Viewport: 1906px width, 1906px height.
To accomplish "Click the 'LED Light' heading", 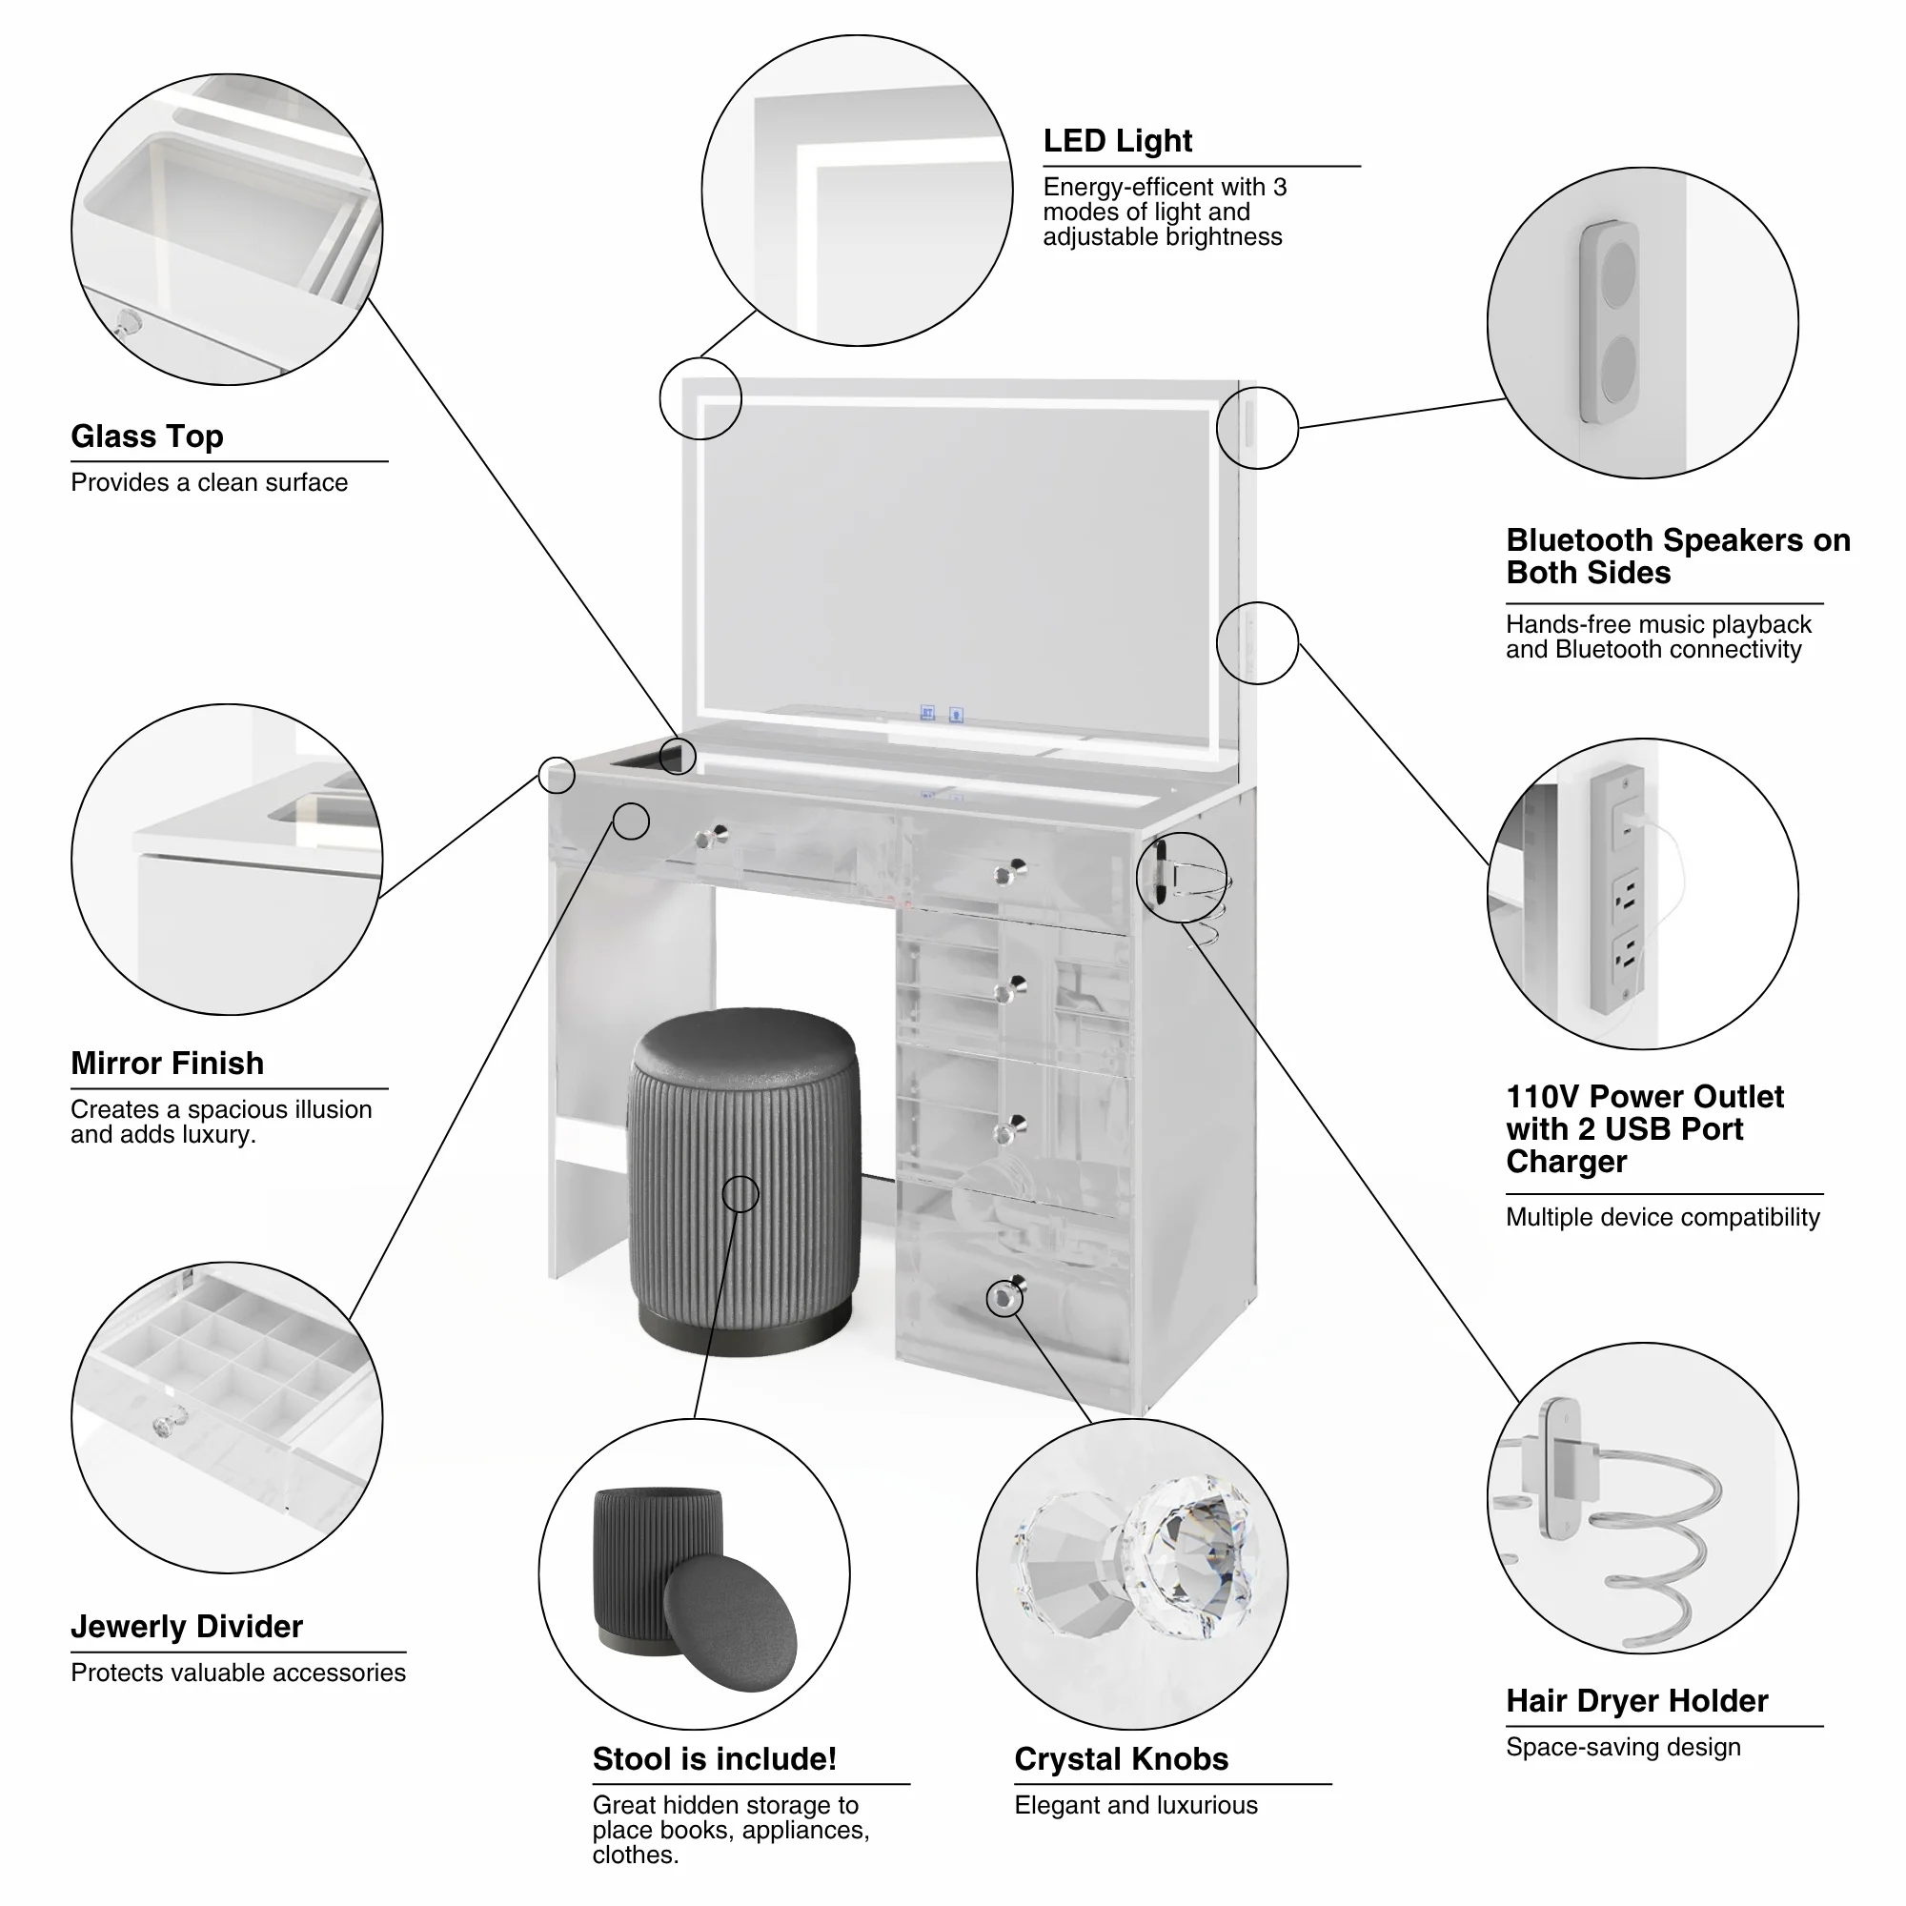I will click(1117, 141).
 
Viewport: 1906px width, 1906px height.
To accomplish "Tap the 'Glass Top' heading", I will click(147, 436).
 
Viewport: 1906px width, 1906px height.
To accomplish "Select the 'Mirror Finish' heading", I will click(167, 1063).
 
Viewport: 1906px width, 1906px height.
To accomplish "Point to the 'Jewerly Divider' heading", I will click(187, 1626).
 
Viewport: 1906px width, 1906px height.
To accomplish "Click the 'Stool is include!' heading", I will click(714, 1758).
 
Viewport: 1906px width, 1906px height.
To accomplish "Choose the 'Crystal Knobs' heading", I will click(1121, 1758).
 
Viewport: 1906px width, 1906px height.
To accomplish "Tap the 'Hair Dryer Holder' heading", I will click(1636, 1700).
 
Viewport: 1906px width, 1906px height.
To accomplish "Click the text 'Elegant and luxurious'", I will click(1136, 1804).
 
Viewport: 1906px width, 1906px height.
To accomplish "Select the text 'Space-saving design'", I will click(1623, 1746).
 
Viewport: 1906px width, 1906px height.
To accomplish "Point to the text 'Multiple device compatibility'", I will click(1662, 1216).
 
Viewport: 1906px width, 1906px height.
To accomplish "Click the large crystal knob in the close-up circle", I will click(1194, 1559).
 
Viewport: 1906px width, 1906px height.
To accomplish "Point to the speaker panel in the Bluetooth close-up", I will click(1609, 321).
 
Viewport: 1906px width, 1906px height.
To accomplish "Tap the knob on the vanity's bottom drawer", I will click(1005, 1296).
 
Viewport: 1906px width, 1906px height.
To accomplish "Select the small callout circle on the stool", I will click(740, 1194).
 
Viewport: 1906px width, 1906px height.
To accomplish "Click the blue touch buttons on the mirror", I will click(942, 712).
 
